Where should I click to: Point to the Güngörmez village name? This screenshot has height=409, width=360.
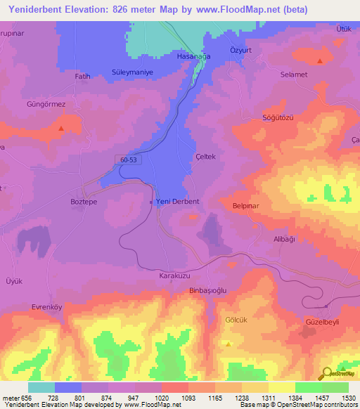46,104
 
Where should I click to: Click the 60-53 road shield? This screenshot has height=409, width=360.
129,160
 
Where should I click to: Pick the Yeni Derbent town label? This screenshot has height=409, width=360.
177,201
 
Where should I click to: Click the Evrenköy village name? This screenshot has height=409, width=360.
48,307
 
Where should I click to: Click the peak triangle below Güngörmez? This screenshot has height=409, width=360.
61,128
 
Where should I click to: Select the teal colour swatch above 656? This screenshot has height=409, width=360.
41,387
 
